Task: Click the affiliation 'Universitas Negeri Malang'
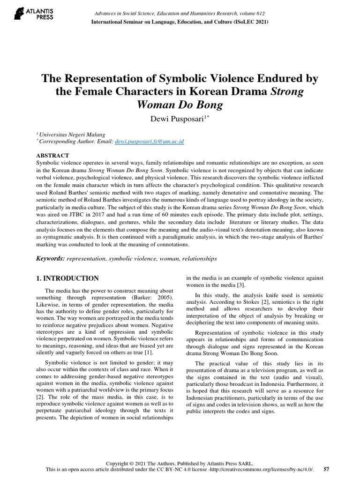[72, 134]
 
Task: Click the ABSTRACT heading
[52, 155]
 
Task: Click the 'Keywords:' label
[51, 258]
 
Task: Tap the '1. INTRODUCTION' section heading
[67, 278]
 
